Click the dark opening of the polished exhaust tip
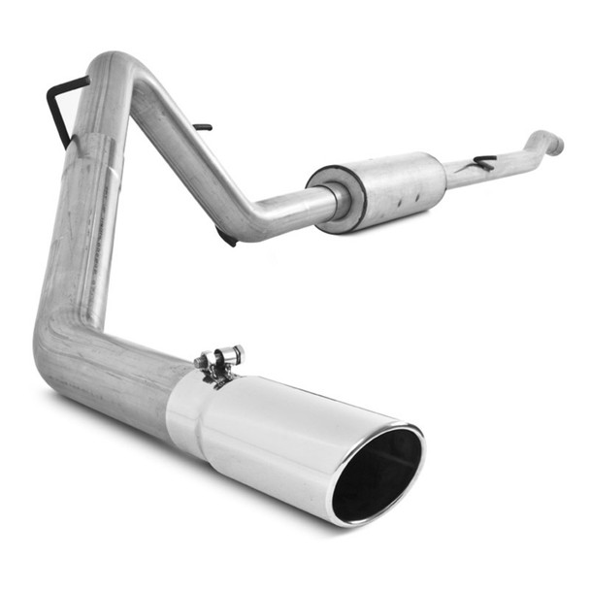point(377,473)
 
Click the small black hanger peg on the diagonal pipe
point(202,126)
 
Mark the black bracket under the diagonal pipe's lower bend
point(226,236)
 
